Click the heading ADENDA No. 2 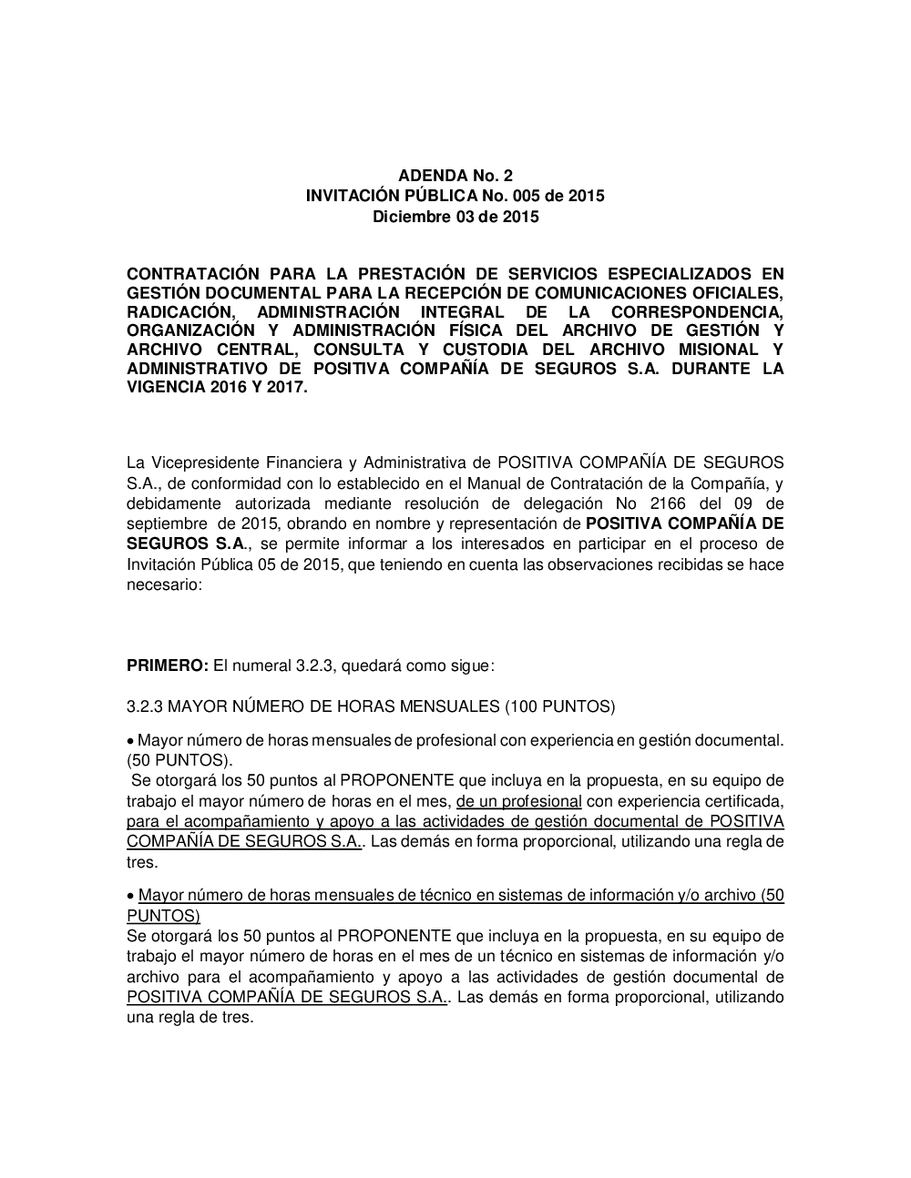pyautogui.click(x=455, y=175)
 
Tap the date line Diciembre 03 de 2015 pyautogui.click(x=455, y=217)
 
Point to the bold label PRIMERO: pyautogui.click(x=167, y=666)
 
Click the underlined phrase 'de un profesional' pyautogui.click(x=519, y=801)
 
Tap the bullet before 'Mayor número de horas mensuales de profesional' pyautogui.click(x=131, y=741)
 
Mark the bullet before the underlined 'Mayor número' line pyautogui.click(x=131, y=896)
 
